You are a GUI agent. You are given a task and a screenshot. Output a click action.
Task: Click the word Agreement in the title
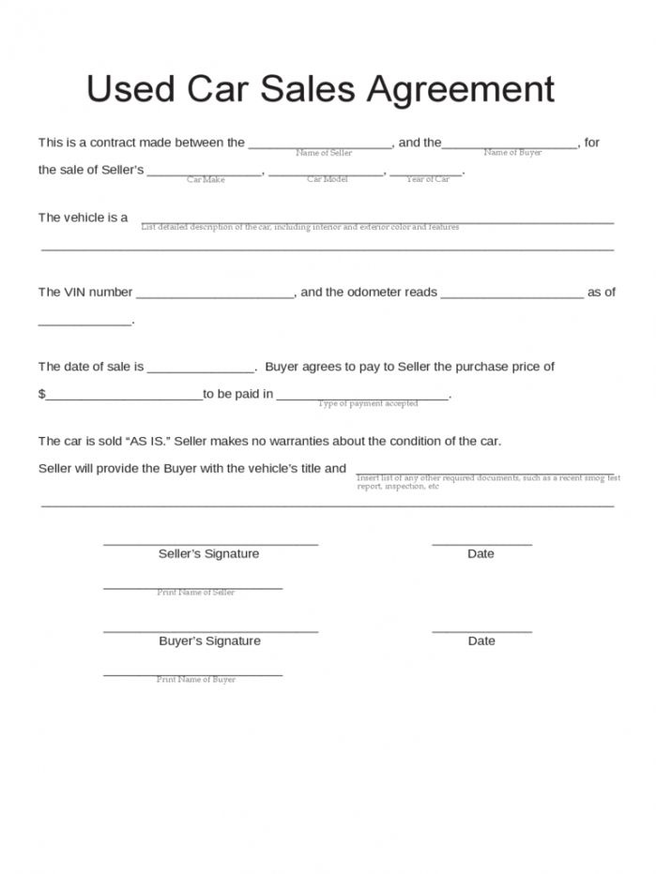(460, 89)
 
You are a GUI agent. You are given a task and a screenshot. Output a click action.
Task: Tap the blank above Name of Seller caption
(321, 144)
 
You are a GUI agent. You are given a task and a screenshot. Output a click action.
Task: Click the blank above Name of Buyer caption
(511, 144)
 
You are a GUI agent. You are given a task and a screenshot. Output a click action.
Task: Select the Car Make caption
(206, 179)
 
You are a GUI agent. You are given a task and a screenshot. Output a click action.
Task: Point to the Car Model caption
(327, 179)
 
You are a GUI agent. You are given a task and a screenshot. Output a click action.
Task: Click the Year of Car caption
(428, 179)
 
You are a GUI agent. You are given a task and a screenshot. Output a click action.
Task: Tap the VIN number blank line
(216, 294)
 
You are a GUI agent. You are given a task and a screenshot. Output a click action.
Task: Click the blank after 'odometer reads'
(511, 294)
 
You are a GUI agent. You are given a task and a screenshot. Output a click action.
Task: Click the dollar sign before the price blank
(41, 395)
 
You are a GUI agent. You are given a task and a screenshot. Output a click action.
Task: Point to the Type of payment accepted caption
(368, 403)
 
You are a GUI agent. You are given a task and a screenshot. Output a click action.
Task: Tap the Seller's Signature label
(208, 554)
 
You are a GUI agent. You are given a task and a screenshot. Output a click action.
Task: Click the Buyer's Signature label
(209, 641)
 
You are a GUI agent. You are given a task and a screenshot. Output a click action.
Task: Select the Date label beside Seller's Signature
(481, 554)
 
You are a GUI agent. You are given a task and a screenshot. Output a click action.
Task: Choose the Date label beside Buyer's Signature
(481, 641)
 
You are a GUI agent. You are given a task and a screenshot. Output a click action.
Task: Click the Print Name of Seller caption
(195, 593)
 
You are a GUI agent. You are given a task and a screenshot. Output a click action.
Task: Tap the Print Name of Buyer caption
(195, 680)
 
